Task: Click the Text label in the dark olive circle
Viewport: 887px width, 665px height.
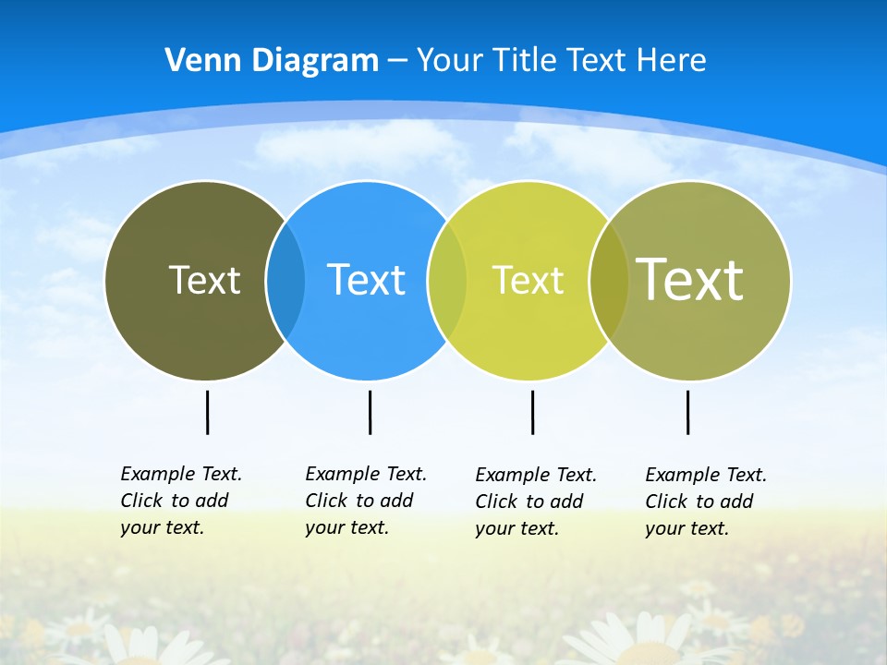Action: [204, 280]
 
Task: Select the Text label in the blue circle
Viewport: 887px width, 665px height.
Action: [366, 280]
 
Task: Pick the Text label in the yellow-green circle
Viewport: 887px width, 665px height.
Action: [528, 280]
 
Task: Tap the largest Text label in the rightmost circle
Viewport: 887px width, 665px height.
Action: [689, 279]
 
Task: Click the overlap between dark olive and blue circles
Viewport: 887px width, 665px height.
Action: [286, 280]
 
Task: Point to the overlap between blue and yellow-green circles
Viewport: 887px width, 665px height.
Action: [447, 280]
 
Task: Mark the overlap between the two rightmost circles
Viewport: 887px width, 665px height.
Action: [609, 280]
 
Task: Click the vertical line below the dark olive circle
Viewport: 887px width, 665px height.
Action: [207, 412]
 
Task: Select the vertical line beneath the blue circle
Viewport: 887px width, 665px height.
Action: [370, 412]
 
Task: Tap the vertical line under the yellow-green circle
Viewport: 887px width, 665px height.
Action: [532, 412]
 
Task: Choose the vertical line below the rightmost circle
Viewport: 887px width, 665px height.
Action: [687, 412]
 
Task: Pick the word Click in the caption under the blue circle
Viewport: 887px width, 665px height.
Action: [326, 501]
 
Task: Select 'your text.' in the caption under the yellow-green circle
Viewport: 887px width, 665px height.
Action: [517, 528]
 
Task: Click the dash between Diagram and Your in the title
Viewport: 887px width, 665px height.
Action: [397, 60]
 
